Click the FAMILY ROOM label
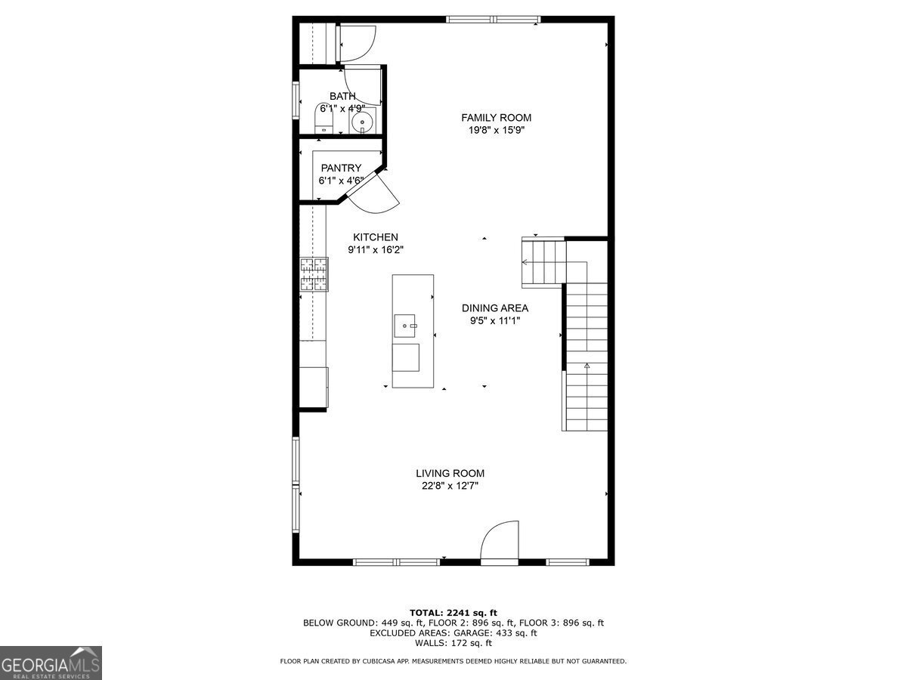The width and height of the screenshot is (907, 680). (496, 117)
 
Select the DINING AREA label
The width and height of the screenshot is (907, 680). (495, 308)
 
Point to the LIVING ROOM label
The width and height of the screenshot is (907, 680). (450, 474)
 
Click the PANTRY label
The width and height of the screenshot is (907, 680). (341, 168)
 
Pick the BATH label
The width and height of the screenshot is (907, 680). (342, 96)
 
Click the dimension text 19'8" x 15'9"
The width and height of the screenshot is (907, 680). (496, 130)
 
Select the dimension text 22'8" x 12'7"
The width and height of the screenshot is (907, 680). (450, 487)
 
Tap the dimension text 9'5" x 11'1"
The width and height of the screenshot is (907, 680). (495, 320)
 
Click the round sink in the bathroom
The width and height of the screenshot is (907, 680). (364, 122)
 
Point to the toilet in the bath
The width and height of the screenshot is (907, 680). (323, 119)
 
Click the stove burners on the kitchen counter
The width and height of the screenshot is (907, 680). (315, 274)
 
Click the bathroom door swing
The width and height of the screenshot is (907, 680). (364, 85)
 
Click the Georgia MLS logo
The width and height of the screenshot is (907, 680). (51, 663)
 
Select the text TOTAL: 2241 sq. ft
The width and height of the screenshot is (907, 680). (453, 613)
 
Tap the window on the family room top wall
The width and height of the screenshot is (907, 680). (493, 20)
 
